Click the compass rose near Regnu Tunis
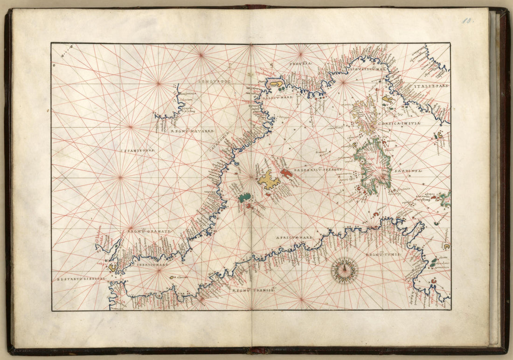tap(344, 270)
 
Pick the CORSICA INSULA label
tap(402, 123)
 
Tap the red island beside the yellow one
tap(286, 173)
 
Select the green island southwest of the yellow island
tap(244, 198)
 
